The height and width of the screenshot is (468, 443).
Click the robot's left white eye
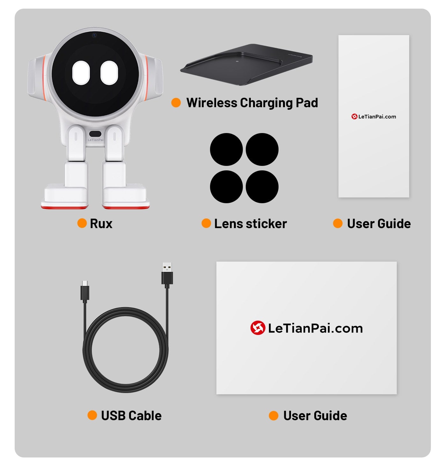click(x=81, y=73)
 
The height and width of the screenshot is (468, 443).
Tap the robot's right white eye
click(x=109, y=73)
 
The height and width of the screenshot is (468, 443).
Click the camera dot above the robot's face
click(x=94, y=35)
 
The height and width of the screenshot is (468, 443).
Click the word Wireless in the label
click(x=212, y=103)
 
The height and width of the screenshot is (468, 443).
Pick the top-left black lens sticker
click(x=226, y=149)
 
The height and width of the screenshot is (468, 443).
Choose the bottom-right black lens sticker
click(x=262, y=187)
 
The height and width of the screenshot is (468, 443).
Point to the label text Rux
click(x=101, y=224)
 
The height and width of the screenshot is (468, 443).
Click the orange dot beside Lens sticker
click(x=206, y=223)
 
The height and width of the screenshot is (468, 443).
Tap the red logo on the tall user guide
click(x=354, y=117)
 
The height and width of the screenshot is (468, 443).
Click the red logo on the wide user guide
click(x=258, y=328)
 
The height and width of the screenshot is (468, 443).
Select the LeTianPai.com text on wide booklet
click(x=315, y=328)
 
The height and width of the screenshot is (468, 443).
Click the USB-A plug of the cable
click(x=167, y=274)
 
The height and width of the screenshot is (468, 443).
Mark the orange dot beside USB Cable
click(x=92, y=415)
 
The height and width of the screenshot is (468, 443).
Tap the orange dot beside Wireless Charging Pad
click(x=176, y=103)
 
